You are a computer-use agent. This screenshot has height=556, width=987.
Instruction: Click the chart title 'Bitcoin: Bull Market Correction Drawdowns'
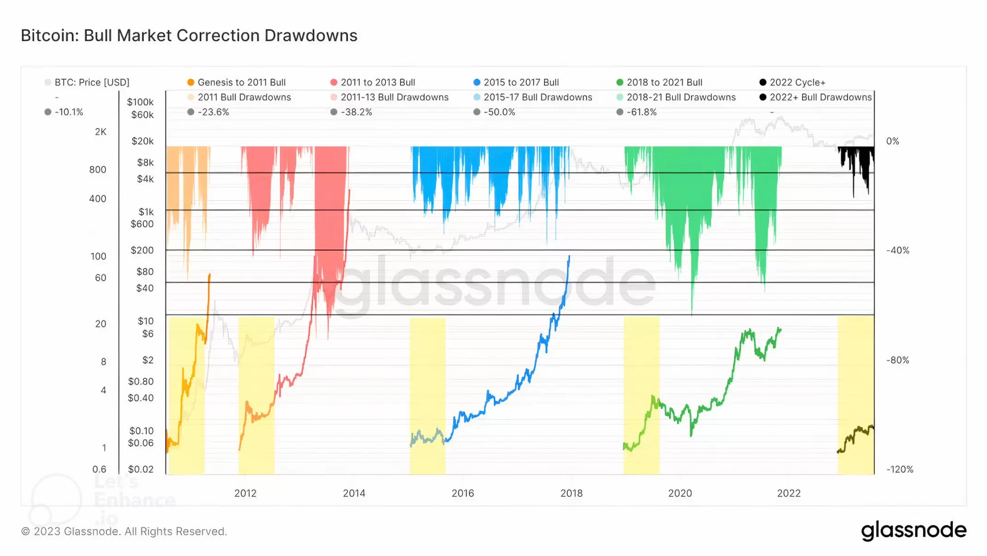tap(189, 36)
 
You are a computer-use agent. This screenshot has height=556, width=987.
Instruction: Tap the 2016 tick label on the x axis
tap(463, 493)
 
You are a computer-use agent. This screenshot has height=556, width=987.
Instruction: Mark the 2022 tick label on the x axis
tap(788, 493)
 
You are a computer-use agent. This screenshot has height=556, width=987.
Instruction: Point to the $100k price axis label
tap(140, 102)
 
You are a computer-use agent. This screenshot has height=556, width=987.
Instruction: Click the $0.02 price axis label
tap(140, 469)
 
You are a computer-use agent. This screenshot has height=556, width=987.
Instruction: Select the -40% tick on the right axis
tap(897, 251)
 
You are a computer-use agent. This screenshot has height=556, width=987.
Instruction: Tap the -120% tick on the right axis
tap(899, 469)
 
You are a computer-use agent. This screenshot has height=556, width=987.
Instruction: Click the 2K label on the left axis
tap(101, 132)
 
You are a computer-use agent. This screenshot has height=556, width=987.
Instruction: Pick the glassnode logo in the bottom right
tap(913, 530)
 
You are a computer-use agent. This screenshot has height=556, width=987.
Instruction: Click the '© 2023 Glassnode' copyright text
tap(124, 532)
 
